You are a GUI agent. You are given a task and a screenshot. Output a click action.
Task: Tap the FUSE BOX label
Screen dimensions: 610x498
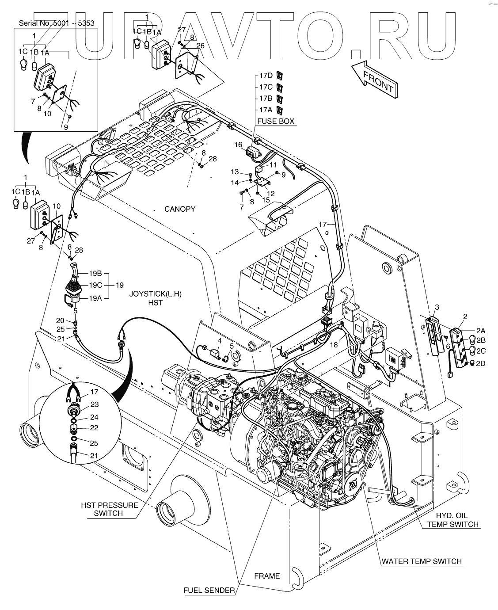point(277,121)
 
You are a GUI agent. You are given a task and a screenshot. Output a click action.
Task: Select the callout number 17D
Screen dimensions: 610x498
point(266,76)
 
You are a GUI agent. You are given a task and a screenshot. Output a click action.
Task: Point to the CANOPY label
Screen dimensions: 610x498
point(180,209)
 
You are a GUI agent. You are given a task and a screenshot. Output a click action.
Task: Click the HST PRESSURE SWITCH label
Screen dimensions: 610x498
point(109,509)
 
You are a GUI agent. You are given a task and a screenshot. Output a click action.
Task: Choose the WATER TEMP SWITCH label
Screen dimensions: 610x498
point(422,561)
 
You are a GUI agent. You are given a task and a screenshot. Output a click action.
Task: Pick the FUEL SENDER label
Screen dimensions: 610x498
point(209,590)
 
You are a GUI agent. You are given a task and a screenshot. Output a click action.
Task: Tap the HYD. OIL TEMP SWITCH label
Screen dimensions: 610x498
point(452,520)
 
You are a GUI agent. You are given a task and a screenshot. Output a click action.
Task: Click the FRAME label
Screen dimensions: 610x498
point(267,576)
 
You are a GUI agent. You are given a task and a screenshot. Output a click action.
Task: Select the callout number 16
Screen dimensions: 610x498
point(238,145)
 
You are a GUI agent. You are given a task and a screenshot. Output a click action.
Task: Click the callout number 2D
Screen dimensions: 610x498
point(480,363)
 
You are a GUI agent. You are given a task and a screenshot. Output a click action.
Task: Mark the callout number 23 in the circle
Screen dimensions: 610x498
point(95,404)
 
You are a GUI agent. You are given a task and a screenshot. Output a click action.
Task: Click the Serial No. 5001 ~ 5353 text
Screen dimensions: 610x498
point(57,23)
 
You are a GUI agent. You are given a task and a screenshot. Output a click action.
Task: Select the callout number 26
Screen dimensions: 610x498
point(200,46)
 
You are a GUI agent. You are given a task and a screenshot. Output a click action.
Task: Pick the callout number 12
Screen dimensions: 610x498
point(271,193)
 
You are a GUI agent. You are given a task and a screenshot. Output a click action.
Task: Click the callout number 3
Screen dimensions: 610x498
point(437,307)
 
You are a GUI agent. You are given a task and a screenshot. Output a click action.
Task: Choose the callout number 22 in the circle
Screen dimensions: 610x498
point(95,427)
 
